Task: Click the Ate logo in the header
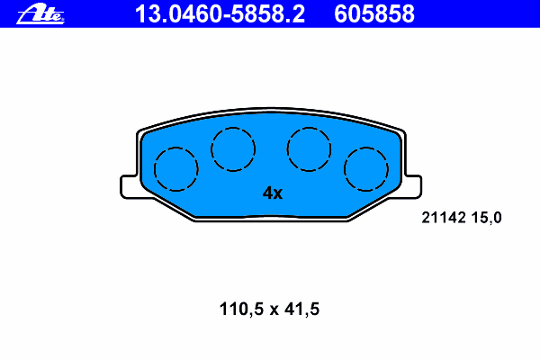pos(40,14)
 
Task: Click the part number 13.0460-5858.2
pos(220,14)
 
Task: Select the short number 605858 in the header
pos(374,14)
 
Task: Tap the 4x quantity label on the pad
pos(273,193)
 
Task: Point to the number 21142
pos(444,218)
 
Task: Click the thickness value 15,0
pos(486,218)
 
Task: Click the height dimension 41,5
pos(302,309)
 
